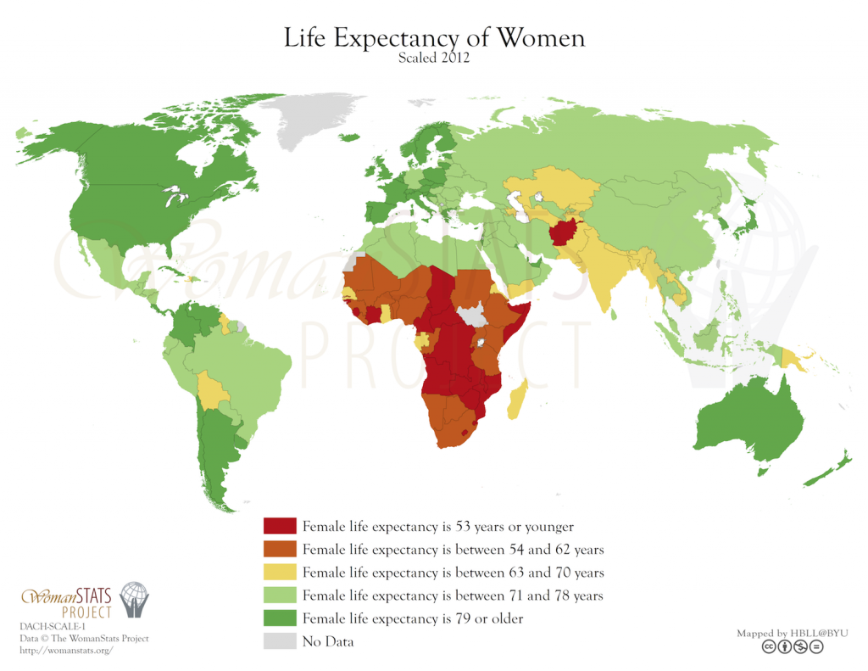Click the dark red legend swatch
pyautogui.click(x=280, y=526)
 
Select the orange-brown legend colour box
pyautogui.click(x=280, y=549)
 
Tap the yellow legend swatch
pyautogui.click(x=280, y=572)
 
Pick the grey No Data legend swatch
pyautogui.click(x=280, y=641)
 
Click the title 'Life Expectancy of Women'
pyautogui.click(x=434, y=38)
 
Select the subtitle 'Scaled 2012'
pyautogui.click(x=434, y=59)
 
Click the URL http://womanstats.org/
pyautogui.click(x=65, y=650)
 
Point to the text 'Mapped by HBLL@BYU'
pyautogui.click(x=792, y=633)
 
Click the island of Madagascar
pyautogui.click(x=516, y=399)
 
